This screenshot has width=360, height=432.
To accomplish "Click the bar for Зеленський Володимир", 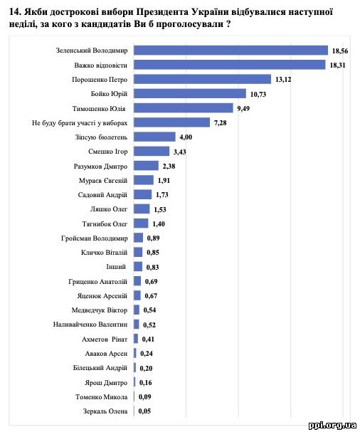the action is [231, 51].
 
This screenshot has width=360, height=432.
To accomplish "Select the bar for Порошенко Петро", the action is [203, 79].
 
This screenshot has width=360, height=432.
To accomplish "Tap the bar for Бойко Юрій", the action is [190, 94].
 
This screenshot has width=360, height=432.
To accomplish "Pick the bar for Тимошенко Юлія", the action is [184, 108].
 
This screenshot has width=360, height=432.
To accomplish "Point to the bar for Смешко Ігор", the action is [152, 152].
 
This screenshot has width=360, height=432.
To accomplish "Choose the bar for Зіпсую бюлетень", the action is [155, 137].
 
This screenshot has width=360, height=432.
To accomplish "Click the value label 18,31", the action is [337, 65].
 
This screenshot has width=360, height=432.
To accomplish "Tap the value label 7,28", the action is [221, 123].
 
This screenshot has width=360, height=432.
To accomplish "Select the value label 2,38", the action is [169, 166].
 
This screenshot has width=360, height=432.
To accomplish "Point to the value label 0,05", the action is [144, 411].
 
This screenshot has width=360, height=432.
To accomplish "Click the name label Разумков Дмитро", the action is [100, 167].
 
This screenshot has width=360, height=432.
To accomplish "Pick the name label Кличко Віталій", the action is [104, 253].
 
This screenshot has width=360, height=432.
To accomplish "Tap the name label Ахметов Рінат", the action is [105, 339].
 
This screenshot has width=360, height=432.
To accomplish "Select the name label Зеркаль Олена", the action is [105, 411].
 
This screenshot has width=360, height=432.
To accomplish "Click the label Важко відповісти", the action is [101, 65].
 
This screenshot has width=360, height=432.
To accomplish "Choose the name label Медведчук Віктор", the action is [100, 310].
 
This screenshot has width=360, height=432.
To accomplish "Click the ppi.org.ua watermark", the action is [332, 425].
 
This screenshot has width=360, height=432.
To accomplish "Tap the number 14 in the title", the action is [14, 12].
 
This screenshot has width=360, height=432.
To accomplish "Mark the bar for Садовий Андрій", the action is [143, 194].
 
